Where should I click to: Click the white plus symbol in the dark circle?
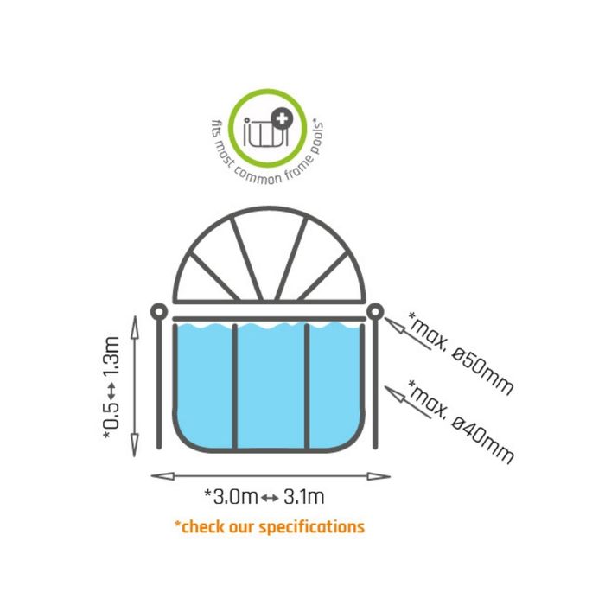[283, 119]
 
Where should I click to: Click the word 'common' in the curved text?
[258, 175]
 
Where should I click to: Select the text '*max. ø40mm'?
[461, 422]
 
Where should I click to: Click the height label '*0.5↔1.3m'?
[112, 387]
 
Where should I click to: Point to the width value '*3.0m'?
[231, 497]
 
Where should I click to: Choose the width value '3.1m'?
[304, 497]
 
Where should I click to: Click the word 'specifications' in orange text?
[311, 527]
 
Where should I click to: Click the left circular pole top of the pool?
[159, 311]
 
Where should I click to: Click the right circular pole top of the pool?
[375, 311]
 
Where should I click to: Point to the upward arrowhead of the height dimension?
[134, 328]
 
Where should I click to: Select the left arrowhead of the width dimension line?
[162, 476]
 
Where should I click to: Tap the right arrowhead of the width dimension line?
[379, 476]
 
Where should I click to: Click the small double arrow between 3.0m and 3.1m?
[270, 498]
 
